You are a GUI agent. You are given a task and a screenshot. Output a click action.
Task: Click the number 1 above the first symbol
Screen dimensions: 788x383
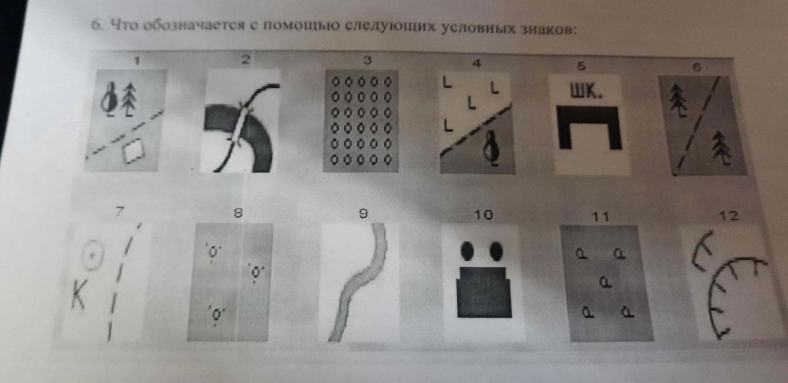[x=137, y=61]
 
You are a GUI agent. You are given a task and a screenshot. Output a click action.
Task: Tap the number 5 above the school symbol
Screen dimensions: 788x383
[x=582, y=66]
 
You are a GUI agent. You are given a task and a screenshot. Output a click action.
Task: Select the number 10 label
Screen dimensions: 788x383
[x=484, y=214]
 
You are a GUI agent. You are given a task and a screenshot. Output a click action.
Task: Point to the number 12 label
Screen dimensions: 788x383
[x=729, y=215]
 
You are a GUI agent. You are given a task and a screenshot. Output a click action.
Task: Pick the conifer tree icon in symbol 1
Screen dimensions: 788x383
[x=130, y=100]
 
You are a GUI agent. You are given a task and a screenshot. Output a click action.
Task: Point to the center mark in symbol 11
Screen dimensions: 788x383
[x=605, y=281]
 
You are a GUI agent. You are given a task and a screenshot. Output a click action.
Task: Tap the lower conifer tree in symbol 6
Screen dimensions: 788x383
[x=721, y=148]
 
